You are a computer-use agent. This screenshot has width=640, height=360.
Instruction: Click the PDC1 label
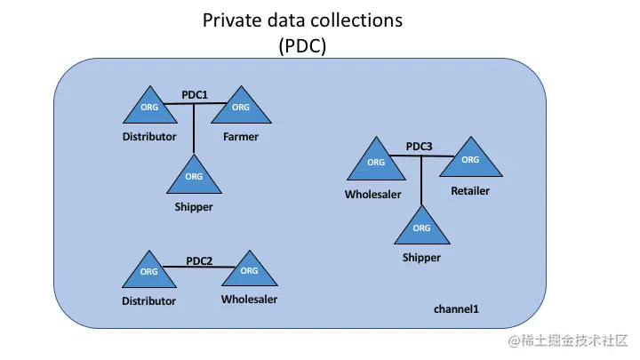pyautogui.click(x=195, y=94)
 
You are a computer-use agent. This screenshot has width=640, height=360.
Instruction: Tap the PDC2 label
pyautogui.click(x=199, y=260)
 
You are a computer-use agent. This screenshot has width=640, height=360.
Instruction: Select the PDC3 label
pyautogui.click(x=419, y=146)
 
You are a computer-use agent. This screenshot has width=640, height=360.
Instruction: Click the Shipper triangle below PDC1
pyautogui.click(x=194, y=178)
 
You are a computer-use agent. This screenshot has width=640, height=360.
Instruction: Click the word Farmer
pyautogui.click(x=240, y=137)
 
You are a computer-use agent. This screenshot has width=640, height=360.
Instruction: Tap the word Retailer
pyautogui.click(x=470, y=190)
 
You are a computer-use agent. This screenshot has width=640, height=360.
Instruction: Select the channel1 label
pyautogui.click(x=456, y=308)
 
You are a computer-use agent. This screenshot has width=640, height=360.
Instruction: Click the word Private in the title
pyautogui.click(x=231, y=20)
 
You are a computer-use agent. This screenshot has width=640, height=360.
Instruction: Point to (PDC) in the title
pyautogui.click(x=302, y=45)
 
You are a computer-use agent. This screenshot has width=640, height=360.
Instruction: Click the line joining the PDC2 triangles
pyautogui.click(x=199, y=269)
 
